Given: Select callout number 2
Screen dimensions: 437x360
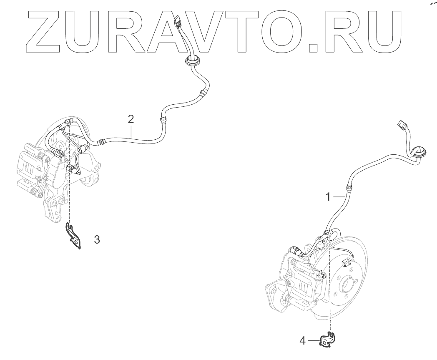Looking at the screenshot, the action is tap(131, 119).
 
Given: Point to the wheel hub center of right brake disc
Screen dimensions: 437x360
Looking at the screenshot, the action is tap(347, 286).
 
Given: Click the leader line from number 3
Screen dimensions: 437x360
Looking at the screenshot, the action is tap(87, 240).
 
